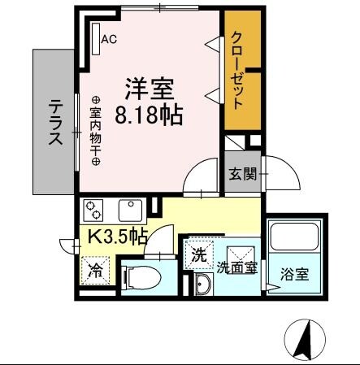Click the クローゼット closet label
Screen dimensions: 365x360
237,70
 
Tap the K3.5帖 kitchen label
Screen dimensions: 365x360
117,237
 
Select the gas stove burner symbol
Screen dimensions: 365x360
95,209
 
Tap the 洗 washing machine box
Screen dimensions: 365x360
198,253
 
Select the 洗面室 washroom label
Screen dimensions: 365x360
236,267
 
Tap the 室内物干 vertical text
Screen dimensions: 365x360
95,127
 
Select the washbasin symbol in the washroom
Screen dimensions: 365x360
204,284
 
